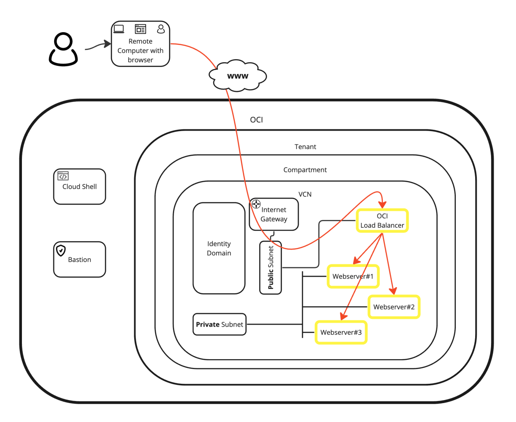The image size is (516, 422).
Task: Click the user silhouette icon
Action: [x=63, y=49]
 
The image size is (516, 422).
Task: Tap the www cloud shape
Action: [x=238, y=76]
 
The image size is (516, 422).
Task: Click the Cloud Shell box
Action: [x=80, y=187]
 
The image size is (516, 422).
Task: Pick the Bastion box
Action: [x=80, y=260]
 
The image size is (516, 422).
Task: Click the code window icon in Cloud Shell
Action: [x=63, y=176]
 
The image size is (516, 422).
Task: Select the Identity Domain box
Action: [x=219, y=248]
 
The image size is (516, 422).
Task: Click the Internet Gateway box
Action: [x=274, y=214]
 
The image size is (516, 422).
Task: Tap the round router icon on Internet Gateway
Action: [x=256, y=204]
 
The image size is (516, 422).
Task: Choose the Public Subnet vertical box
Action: [x=270, y=268]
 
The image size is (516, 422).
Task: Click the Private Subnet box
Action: [x=220, y=324]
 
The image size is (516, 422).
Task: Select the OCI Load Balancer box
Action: [x=382, y=221]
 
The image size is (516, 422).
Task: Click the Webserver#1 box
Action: [x=353, y=276]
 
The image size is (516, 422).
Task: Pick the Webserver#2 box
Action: [x=394, y=307]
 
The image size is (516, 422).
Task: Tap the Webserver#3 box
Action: [x=341, y=332]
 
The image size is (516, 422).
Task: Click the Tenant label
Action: [x=305, y=147]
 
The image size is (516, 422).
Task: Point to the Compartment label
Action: [x=305, y=170]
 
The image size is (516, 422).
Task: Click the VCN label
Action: [x=305, y=194]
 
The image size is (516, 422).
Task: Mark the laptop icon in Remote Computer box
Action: [x=119, y=29]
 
